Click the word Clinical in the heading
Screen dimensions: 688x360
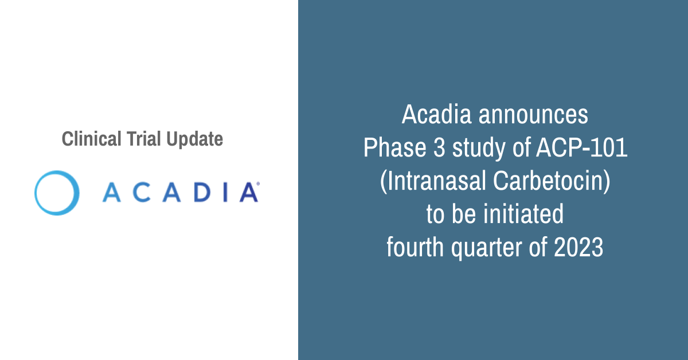[x=92, y=139]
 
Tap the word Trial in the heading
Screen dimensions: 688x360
[x=144, y=139]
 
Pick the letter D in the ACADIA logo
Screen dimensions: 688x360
[x=202, y=193]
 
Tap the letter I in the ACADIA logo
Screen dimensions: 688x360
[x=225, y=193]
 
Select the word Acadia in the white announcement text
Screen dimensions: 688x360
[x=436, y=114]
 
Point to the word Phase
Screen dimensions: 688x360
[x=395, y=147]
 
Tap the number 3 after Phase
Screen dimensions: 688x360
[x=439, y=148]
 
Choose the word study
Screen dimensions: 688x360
[x=479, y=149]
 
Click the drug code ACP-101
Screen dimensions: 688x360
[x=582, y=148]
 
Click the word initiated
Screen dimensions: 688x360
[x=523, y=214]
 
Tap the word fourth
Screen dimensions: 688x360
[x=415, y=246]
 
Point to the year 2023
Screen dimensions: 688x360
[x=578, y=247]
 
